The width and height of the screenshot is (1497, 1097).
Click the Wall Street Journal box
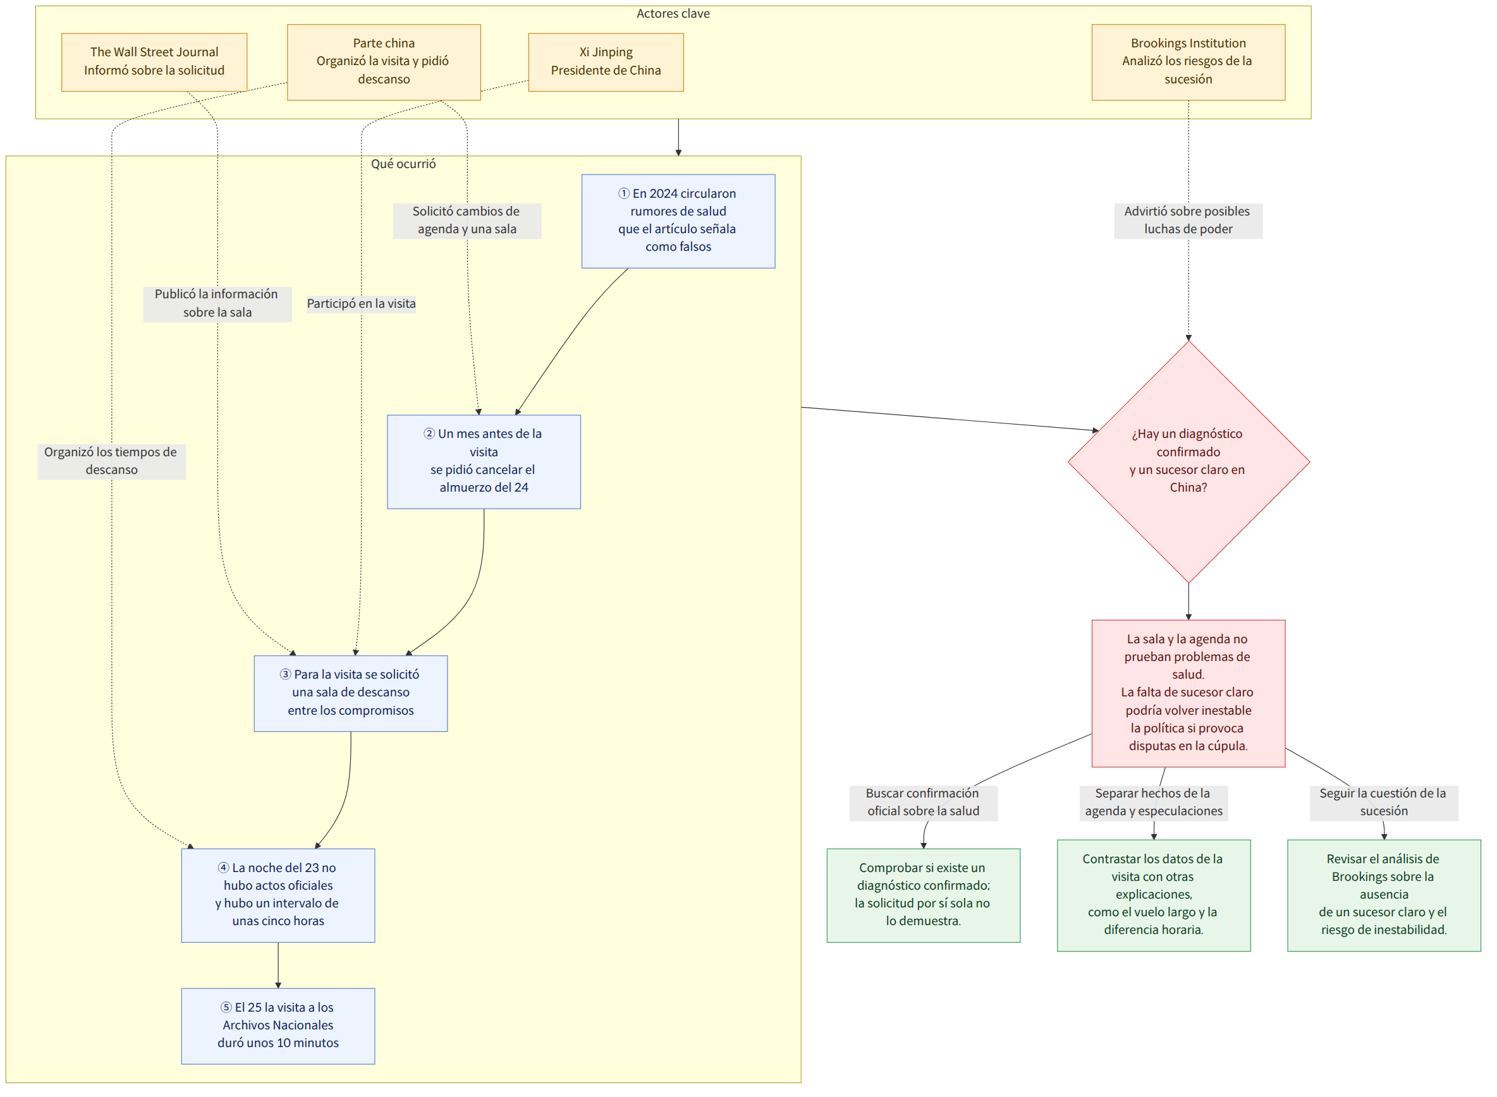(154, 62)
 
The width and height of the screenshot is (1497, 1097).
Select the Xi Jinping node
(606, 62)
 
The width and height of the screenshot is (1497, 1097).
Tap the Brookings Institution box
(1188, 62)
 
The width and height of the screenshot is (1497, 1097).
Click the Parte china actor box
(384, 62)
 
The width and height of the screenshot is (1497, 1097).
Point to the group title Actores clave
(673, 14)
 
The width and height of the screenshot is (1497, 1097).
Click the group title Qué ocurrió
(403, 164)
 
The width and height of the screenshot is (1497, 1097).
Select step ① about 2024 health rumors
(678, 221)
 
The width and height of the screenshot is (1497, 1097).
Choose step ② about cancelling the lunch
(484, 461)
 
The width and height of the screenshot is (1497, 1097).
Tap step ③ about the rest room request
(351, 693)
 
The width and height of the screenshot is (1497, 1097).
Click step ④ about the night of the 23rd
(278, 895)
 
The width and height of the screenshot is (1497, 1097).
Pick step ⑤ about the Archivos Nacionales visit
(278, 1026)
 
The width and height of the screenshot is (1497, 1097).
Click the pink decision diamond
(1188, 461)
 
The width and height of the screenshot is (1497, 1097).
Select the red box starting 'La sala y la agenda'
(1188, 693)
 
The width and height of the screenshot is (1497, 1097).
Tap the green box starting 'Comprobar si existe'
(923, 895)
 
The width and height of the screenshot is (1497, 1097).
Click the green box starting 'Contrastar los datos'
(1154, 895)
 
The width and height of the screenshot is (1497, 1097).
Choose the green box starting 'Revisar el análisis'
(1384, 895)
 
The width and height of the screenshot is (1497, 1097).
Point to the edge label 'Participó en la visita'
(362, 303)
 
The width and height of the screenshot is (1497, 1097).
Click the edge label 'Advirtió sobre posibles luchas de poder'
(1188, 221)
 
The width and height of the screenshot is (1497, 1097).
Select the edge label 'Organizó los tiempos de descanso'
(111, 461)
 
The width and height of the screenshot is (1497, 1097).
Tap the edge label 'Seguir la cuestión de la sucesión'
(1384, 802)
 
